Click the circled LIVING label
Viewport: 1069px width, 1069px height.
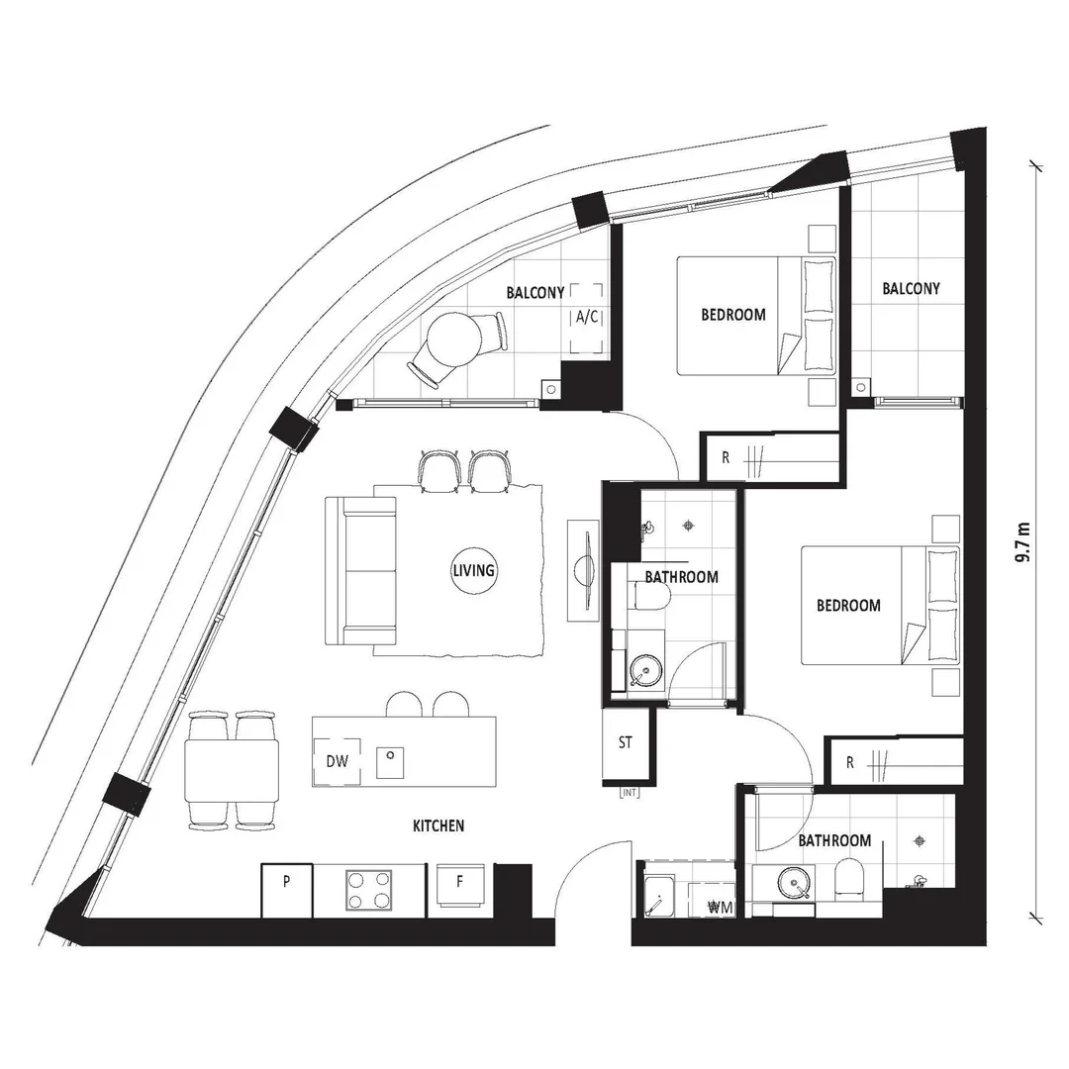tap(473, 571)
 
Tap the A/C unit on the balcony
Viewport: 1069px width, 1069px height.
tap(586, 318)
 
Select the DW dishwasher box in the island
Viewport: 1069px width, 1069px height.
tap(337, 762)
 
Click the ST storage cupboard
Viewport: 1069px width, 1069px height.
tap(626, 744)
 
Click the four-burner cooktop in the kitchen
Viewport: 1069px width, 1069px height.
tap(368, 889)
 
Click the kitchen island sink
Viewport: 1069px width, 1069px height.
tap(391, 757)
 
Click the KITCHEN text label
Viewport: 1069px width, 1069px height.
tap(438, 826)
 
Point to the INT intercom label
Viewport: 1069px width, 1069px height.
tap(628, 792)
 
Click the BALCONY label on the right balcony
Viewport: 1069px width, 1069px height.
tap(911, 289)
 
